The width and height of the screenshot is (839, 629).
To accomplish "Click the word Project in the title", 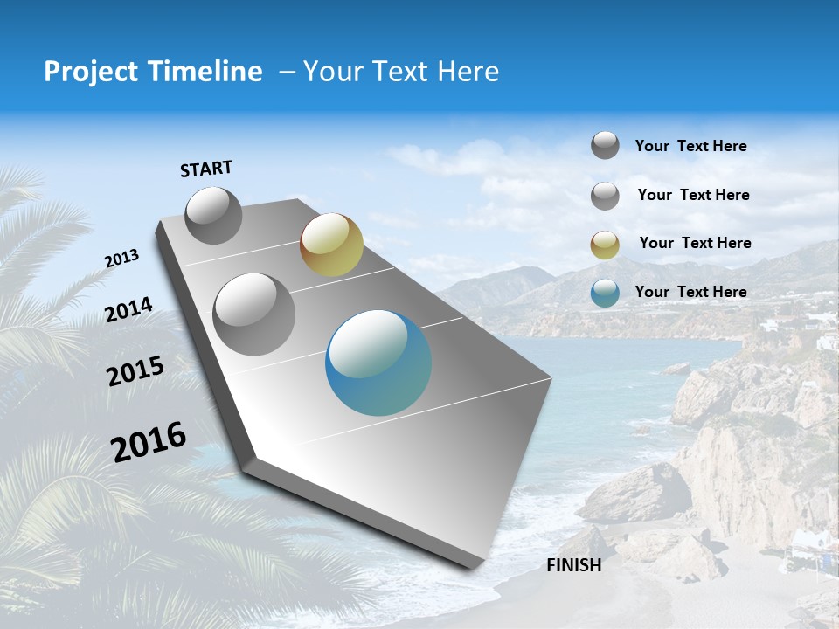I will pyautogui.click(x=88, y=72).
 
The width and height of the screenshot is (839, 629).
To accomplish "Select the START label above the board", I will pyautogui.click(x=206, y=169).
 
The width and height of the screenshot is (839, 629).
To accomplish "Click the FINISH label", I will pyautogui.click(x=574, y=565).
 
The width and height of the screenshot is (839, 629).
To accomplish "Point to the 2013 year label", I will pyautogui.click(x=121, y=259).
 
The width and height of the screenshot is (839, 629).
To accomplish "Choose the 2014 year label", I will pyautogui.click(x=129, y=310).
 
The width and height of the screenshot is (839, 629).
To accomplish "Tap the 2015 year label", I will pyautogui.click(x=135, y=370).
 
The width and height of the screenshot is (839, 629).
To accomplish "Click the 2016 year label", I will pyautogui.click(x=149, y=441).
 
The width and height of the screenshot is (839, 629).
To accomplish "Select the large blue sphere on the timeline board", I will pyautogui.click(x=378, y=363).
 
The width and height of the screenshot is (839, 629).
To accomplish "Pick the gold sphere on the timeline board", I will pyautogui.click(x=331, y=245).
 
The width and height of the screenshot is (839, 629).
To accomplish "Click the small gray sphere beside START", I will pyautogui.click(x=213, y=215).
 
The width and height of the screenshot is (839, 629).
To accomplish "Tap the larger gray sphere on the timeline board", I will pyautogui.click(x=254, y=314).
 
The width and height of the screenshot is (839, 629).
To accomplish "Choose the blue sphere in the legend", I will pyautogui.click(x=605, y=293).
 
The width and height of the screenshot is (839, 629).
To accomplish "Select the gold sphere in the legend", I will pyautogui.click(x=605, y=245).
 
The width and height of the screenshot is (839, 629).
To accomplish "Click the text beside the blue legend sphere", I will pyautogui.click(x=690, y=292).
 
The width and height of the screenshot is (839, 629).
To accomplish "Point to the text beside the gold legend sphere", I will pyautogui.click(x=695, y=243).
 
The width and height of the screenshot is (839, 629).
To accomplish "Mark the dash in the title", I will pyautogui.click(x=287, y=73).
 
